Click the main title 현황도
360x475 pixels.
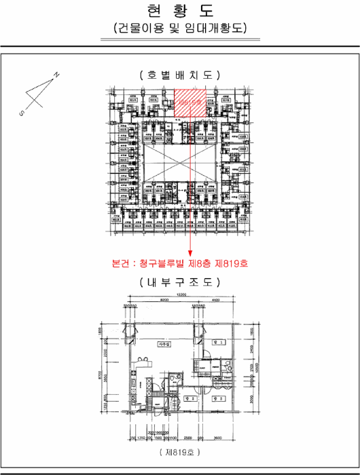point(179,11)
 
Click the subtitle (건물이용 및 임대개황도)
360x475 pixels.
point(179,28)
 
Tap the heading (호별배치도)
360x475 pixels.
point(179,75)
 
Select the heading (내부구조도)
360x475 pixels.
point(179,282)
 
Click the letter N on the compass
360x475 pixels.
point(56,74)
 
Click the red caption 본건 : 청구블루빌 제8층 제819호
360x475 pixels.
point(179,263)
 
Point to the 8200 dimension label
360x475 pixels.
point(164,300)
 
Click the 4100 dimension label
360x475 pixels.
point(215,300)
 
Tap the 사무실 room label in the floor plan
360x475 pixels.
point(163,344)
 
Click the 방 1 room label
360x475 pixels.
point(216,344)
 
